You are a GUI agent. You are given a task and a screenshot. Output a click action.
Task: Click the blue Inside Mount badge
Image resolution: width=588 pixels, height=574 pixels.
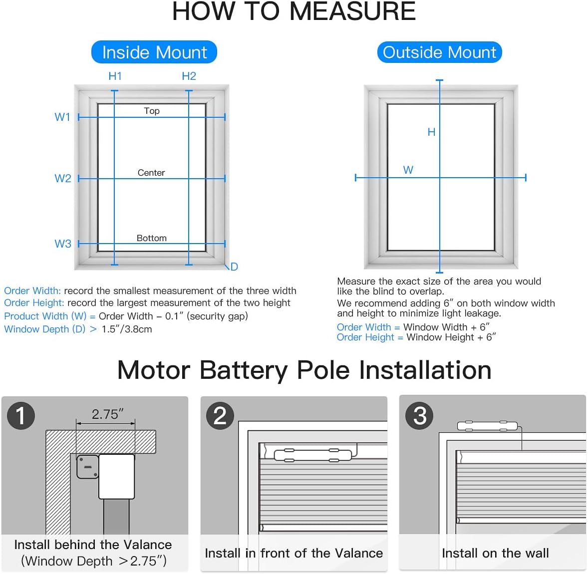pos(154,52)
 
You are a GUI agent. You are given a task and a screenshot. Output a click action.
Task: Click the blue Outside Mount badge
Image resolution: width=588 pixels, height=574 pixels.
pos(439,52)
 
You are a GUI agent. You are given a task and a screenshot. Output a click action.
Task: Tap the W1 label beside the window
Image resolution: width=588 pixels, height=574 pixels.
pos(62,117)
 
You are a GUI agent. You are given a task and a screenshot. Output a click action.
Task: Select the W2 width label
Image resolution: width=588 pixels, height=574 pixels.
pos(62,179)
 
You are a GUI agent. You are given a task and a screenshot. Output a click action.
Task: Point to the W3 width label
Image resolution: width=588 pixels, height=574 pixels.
pos(62,244)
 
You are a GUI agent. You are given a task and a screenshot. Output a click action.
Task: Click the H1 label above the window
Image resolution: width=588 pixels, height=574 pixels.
pos(115,76)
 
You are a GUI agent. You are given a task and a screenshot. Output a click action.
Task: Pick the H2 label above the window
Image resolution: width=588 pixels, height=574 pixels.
pos(189,76)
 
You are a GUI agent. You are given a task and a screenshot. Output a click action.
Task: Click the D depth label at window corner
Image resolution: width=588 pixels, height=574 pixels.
pos(234,267)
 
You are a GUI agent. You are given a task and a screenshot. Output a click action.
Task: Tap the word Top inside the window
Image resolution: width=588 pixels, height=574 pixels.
pos(152,111)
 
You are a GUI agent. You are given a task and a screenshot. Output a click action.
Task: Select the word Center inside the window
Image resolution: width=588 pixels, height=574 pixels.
pos(151,173)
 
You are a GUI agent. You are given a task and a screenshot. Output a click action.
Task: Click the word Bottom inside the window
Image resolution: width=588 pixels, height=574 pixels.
pos(152,238)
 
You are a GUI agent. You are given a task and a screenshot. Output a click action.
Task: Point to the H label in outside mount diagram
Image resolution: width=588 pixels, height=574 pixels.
pos(431,132)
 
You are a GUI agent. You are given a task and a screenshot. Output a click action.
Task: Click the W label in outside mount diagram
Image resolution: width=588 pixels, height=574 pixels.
pos(408,170)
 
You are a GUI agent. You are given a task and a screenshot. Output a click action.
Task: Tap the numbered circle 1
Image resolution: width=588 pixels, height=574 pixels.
pos(21,416)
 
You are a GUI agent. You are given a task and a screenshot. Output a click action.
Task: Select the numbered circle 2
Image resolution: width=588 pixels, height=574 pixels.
pos(220,416)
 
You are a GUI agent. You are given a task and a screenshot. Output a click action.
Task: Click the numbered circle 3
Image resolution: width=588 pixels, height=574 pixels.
pos(420,416)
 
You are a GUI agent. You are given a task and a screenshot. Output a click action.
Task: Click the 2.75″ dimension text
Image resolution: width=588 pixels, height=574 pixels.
pos(107,414)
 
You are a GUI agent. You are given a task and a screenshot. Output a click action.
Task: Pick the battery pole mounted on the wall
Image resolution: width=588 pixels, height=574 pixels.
pos(488,426)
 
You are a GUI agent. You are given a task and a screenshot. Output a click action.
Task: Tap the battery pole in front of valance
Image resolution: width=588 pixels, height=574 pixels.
pos(312,454)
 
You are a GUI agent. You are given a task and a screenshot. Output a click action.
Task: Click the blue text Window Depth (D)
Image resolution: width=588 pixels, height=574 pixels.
pos(44,329)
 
